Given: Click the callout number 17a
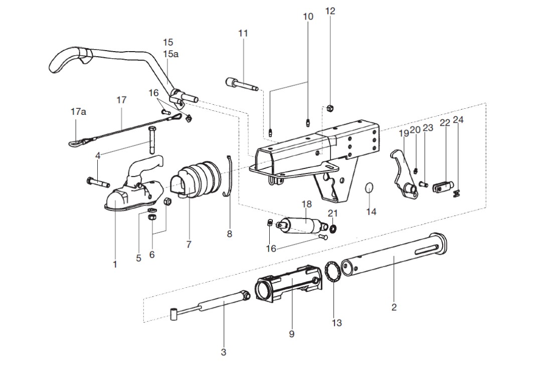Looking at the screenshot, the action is pos(78,111).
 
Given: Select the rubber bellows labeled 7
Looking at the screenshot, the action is pos(195,180).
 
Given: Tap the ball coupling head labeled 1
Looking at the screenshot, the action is pos(134,187).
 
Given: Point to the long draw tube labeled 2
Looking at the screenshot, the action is pos(394,255).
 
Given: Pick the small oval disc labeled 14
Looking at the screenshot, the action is pos(370,187).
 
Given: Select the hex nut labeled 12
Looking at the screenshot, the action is pos(329,108).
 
